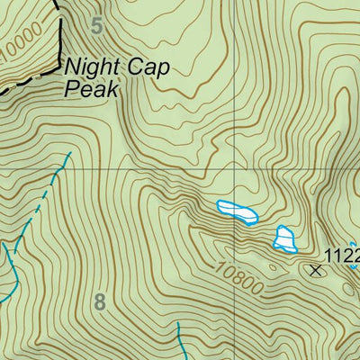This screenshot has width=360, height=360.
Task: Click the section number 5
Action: (x=97, y=25)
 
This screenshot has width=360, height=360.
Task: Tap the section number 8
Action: (x=99, y=302)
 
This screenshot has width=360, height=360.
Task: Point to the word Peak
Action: (x=91, y=88)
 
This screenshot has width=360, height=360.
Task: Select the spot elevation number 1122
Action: (x=341, y=255)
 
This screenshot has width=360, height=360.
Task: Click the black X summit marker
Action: (x=315, y=268)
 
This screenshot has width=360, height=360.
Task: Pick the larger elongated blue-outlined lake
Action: (x=238, y=211)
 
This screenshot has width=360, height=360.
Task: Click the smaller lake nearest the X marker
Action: (x=285, y=238)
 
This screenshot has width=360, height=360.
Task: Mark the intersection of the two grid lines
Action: (x=238, y=169)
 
